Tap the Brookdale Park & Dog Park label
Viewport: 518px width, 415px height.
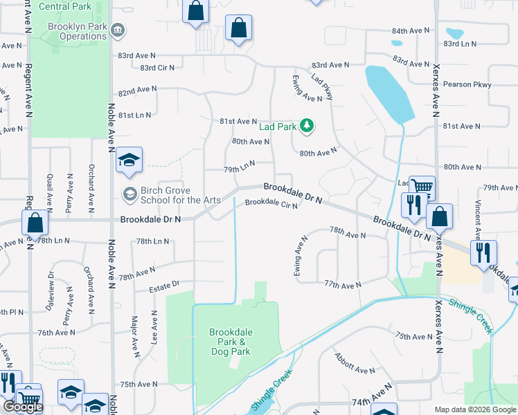(x=231, y=342)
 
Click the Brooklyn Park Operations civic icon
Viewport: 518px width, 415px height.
(x=118, y=31)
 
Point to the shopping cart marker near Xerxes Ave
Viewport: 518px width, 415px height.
(x=421, y=187)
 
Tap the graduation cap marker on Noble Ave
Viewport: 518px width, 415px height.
(x=129, y=160)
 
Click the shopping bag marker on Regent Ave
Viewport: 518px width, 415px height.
(x=35, y=223)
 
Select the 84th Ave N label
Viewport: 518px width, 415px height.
(x=411, y=32)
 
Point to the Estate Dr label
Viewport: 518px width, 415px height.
(x=166, y=284)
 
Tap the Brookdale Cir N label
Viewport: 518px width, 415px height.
(x=271, y=203)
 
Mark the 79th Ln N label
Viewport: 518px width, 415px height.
(x=239, y=166)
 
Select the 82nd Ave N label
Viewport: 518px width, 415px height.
(x=137, y=91)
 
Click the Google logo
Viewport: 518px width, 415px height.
(x=22, y=406)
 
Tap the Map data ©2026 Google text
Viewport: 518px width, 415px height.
(x=476, y=409)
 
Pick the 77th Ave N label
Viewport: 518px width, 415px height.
(x=343, y=285)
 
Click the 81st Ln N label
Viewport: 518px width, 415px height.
(x=134, y=115)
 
